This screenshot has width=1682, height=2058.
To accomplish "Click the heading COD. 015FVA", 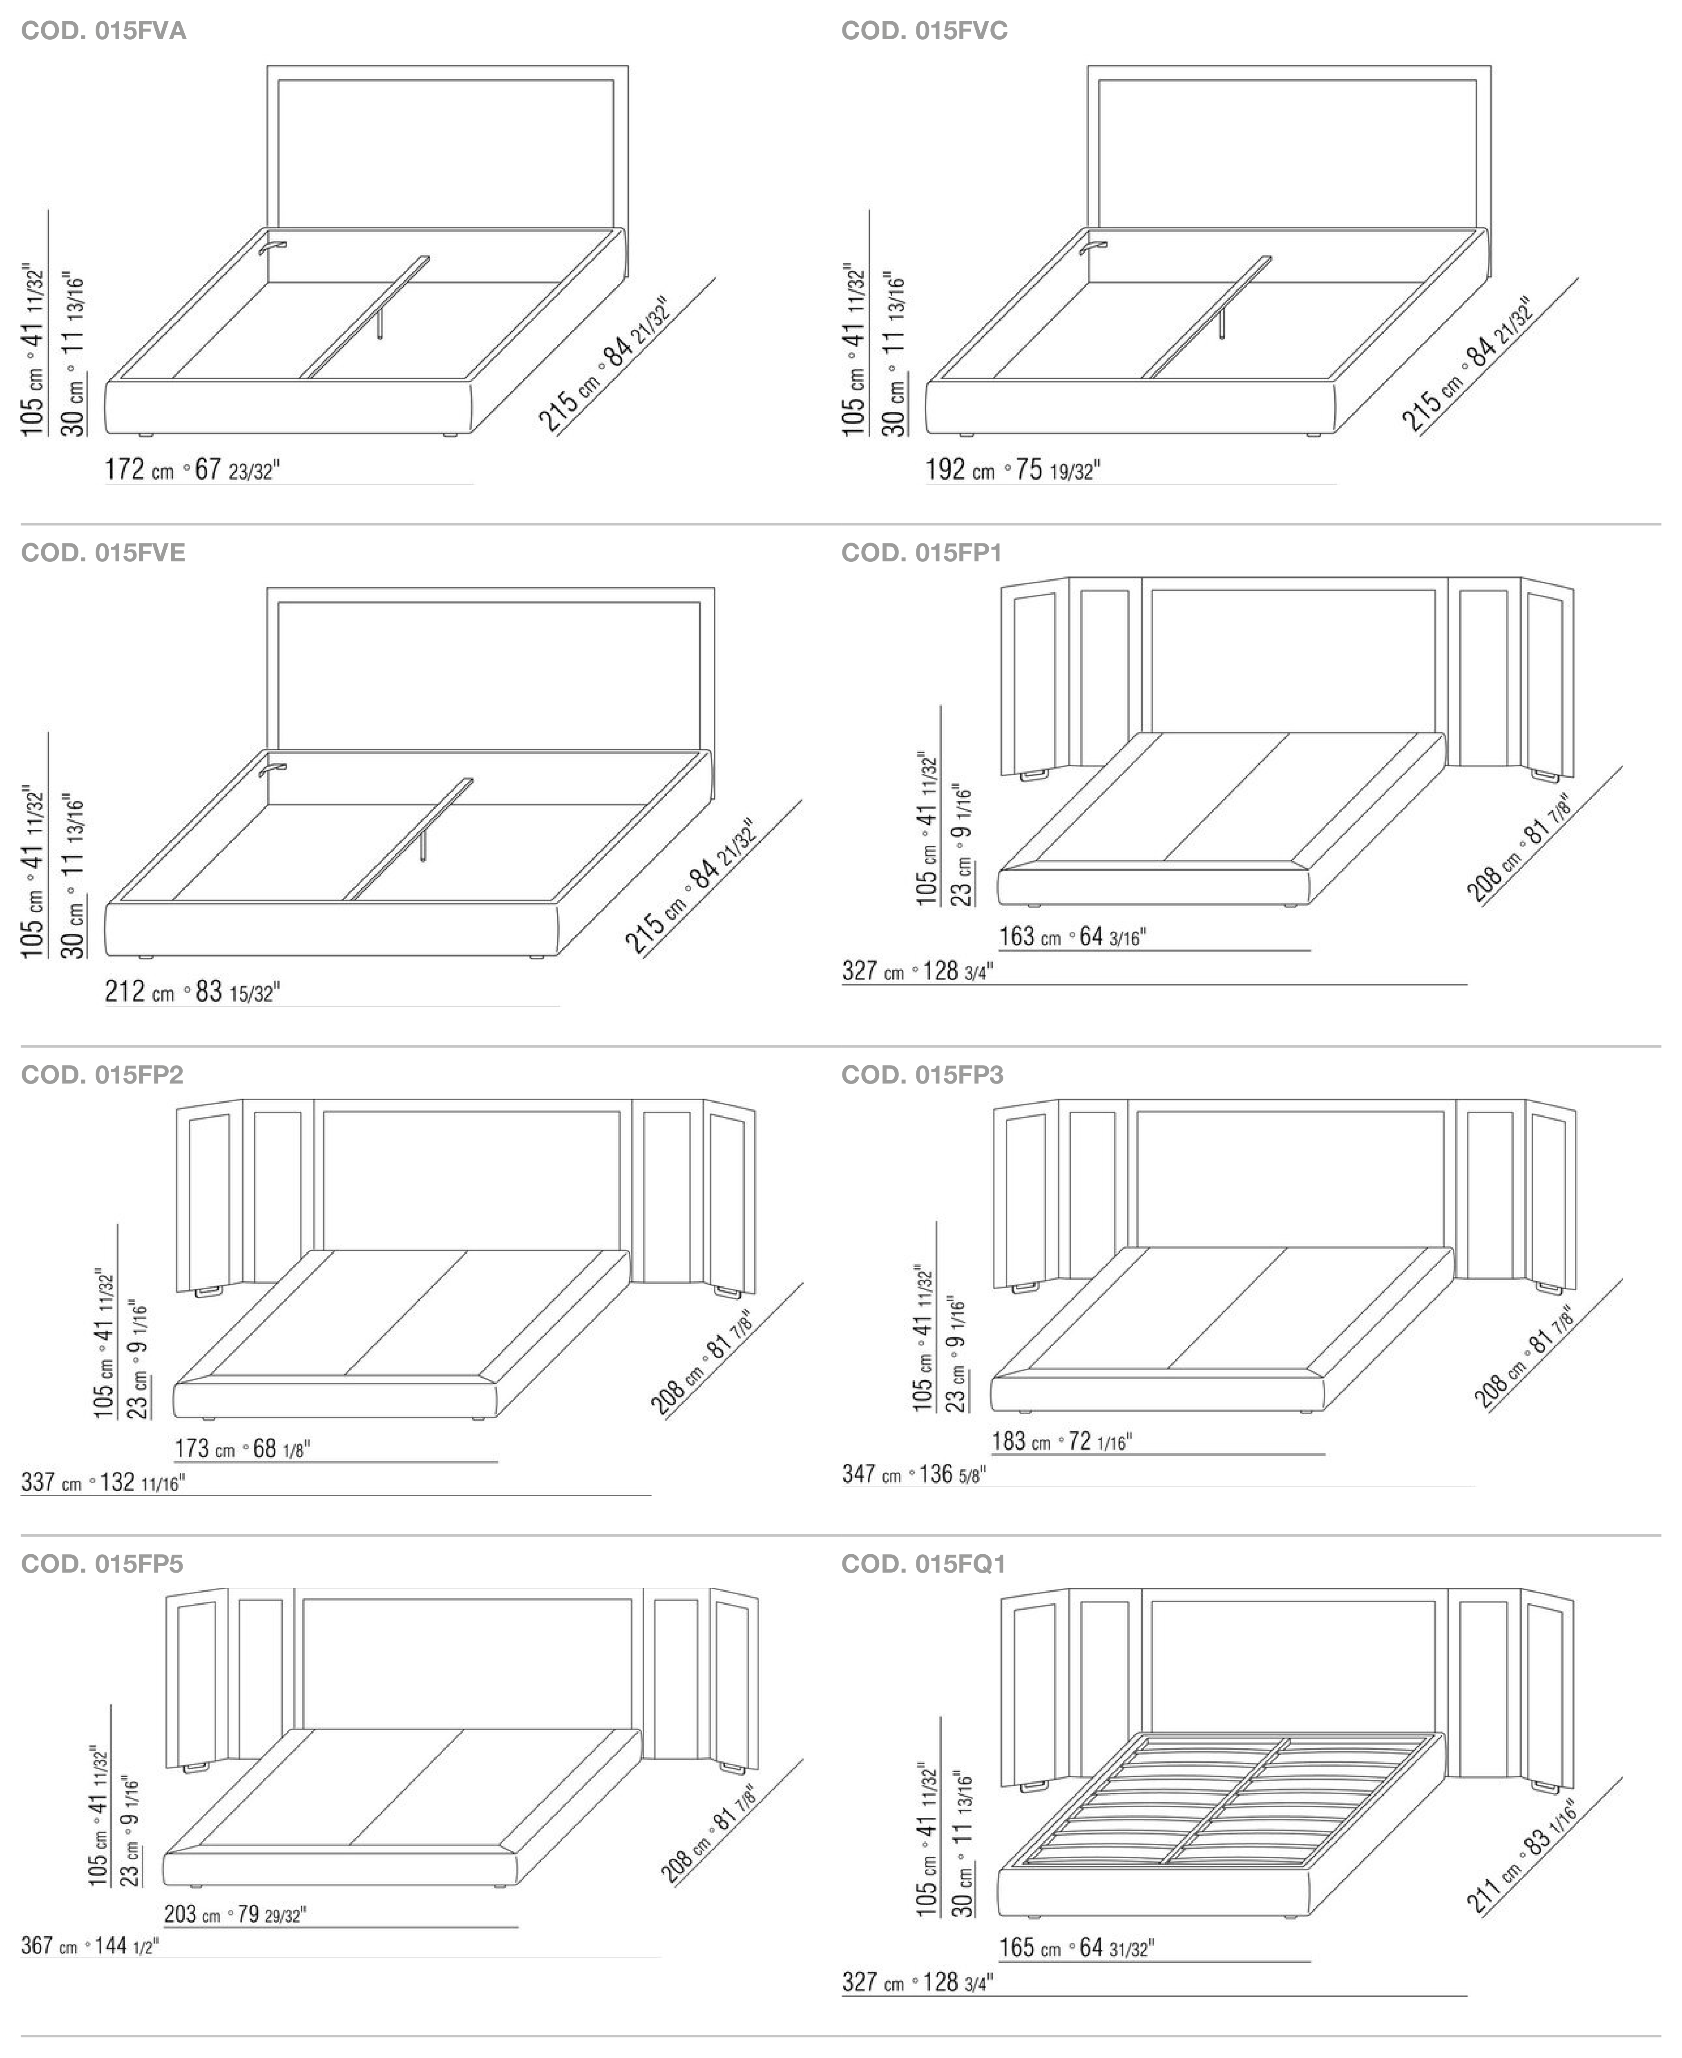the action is pyautogui.click(x=104, y=31).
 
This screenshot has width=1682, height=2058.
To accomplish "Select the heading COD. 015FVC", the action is pyautogui.click(x=924, y=31).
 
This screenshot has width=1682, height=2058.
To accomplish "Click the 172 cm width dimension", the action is pyautogui.click(x=193, y=470).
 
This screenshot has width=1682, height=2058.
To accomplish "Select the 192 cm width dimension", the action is pyautogui.click(x=1014, y=470).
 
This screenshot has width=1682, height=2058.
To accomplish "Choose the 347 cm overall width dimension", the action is pyautogui.click(x=914, y=1474).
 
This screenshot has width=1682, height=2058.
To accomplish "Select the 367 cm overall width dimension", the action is pyautogui.click(x=90, y=1945).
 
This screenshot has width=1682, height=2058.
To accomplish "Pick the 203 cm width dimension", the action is pyautogui.click(x=235, y=1914).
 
